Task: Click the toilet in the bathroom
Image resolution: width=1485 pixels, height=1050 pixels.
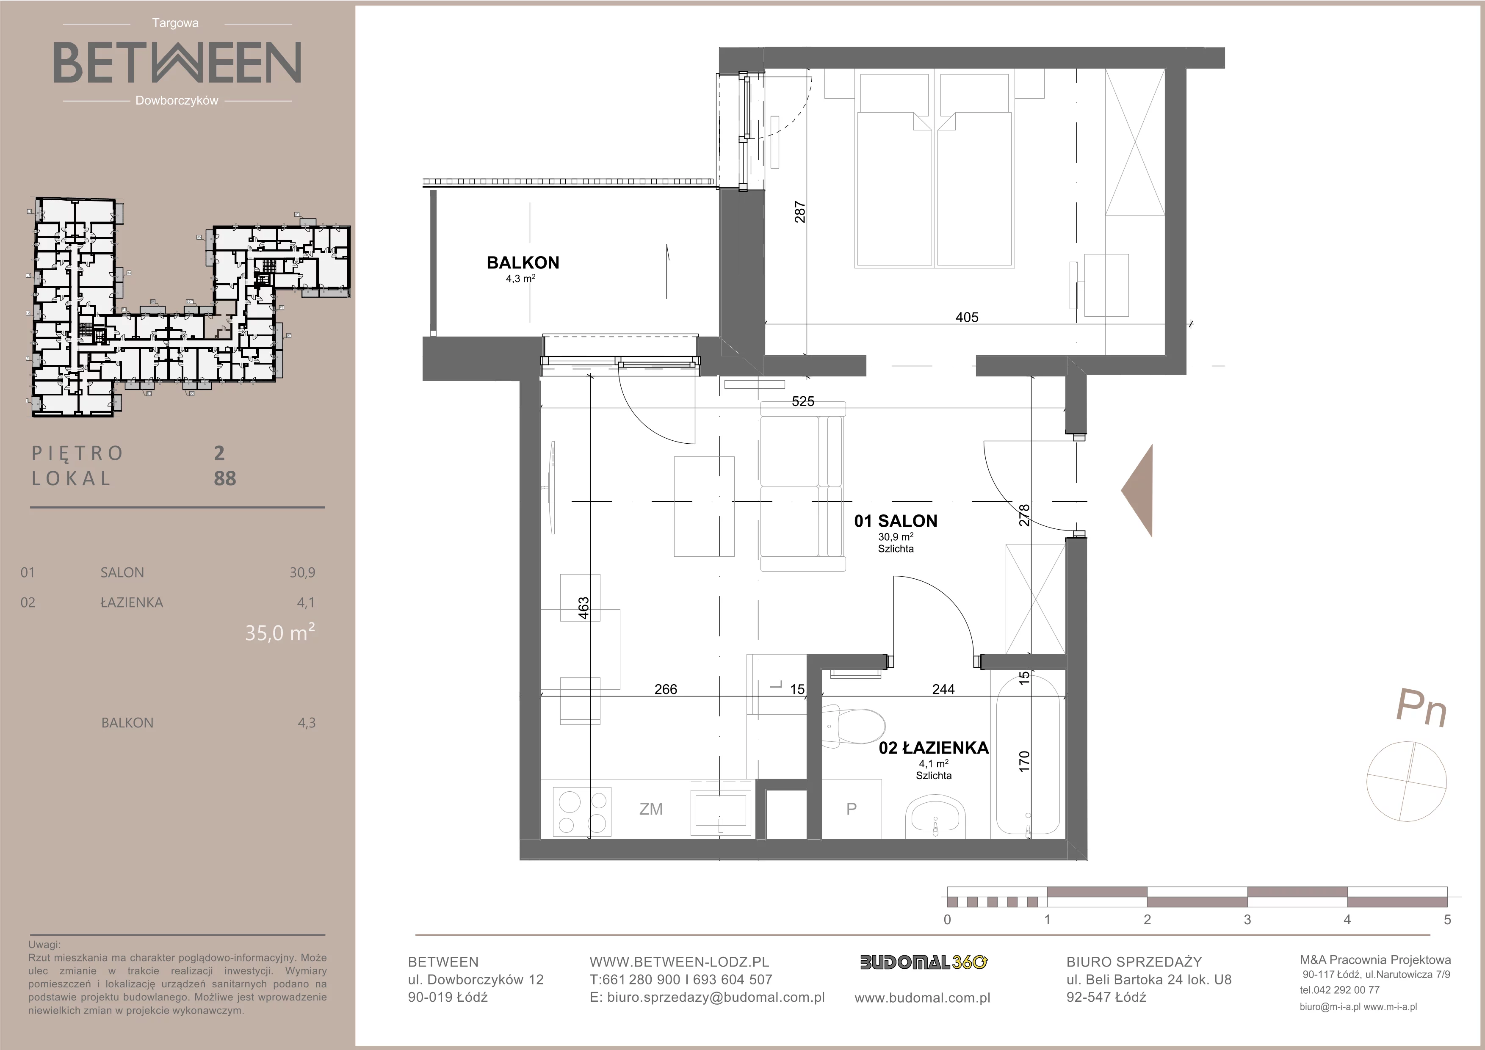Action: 853,727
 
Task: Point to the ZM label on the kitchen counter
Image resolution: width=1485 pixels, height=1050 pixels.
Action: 651,809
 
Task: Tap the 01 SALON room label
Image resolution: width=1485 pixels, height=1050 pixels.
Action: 896,521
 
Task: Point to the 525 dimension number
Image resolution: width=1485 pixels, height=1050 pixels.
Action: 803,401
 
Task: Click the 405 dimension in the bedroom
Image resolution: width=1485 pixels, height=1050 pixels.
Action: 967,318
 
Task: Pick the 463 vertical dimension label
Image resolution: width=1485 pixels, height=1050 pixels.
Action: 583,608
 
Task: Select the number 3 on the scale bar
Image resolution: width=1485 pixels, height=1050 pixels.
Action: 1247,920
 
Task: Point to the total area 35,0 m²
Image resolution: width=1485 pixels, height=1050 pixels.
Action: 280,632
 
